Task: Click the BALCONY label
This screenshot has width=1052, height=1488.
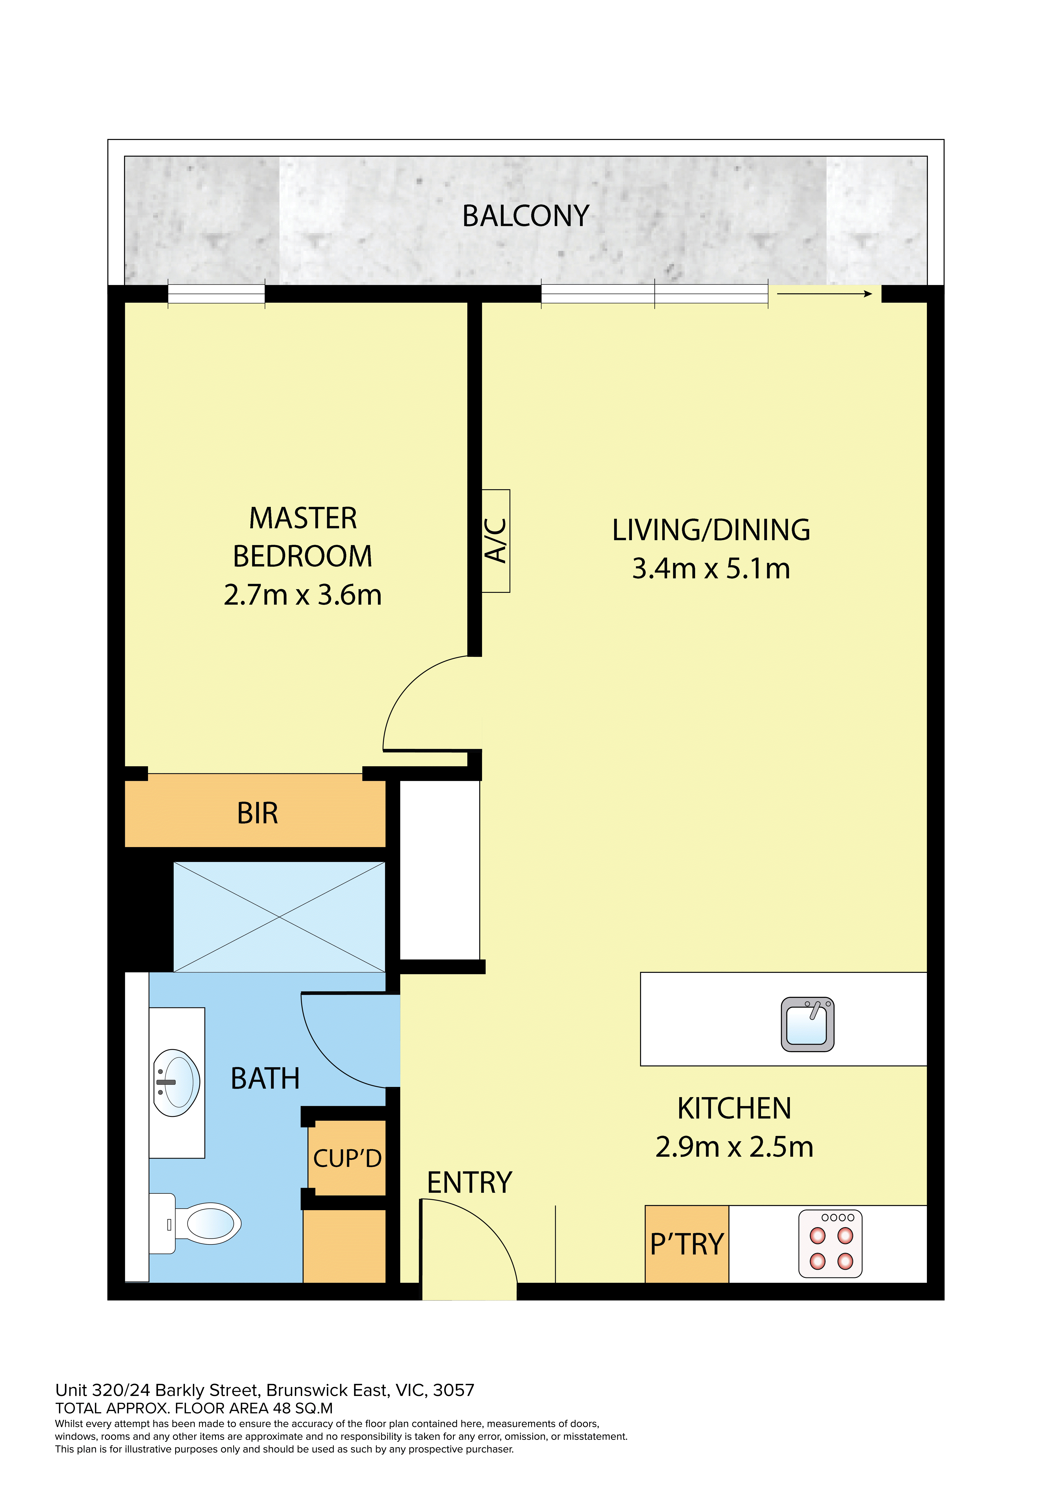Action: [x=526, y=216]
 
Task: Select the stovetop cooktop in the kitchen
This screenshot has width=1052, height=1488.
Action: [x=830, y=1244]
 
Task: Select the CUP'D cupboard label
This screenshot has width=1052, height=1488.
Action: [x=347, y=1158]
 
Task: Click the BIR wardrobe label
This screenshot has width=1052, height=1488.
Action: [x=257, y=813]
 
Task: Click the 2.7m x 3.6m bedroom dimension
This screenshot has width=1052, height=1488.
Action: [x=303, y=595]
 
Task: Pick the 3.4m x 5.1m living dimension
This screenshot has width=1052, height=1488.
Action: [x=711, y=568]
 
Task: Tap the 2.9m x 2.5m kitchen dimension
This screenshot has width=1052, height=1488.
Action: [x=734, y=1147]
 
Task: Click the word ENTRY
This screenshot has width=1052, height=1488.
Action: [x=469, y=1183]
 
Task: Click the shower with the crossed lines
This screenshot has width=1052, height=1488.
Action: [x=279, y=917]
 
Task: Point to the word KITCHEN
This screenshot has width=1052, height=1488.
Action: [x=734, y=1109]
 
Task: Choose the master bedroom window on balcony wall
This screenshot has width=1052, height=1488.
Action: [x=217, y=294]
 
